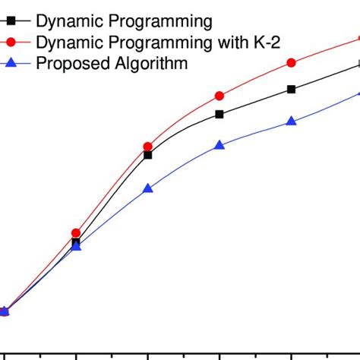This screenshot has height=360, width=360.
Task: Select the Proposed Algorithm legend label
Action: coord(112,63)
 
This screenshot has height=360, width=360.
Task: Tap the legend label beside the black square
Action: coord(125,21)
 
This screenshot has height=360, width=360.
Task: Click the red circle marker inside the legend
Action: coord(11,42)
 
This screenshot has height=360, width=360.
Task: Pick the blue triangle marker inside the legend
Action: coord(11,62)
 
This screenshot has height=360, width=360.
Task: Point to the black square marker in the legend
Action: coord(11,21)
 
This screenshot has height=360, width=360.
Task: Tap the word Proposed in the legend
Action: coord(69,63)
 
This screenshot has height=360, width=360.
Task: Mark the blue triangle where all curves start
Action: coord(4,311)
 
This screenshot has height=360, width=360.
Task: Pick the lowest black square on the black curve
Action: coord(76,243)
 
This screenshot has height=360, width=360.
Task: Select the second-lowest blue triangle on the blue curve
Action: coord(76,246)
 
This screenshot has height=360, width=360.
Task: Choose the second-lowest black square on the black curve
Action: coord(148,155)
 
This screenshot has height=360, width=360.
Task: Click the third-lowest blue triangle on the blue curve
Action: coord(148,188)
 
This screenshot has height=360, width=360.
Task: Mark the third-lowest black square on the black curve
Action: coord(219,114)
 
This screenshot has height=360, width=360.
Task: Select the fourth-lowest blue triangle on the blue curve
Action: coord(219,144)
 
